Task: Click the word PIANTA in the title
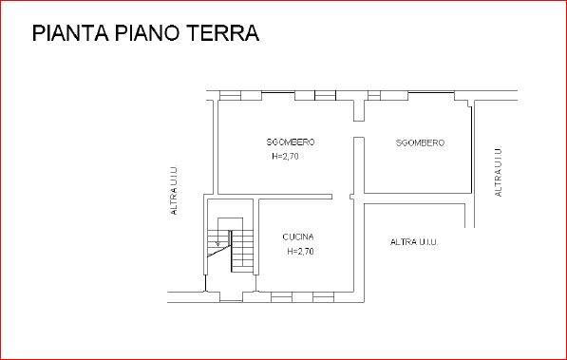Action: click(70, 33)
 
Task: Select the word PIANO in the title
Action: click(147, 33)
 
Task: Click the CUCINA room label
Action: click(298, 237)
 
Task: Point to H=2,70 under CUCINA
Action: click(300, 251)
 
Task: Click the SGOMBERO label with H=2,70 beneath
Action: click(291, 142)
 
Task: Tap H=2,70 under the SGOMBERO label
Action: click(285, 157)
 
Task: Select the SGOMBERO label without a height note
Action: click(420, 142)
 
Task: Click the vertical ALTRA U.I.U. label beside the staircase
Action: click(174, 191)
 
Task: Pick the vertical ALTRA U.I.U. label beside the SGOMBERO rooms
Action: click(498, 172)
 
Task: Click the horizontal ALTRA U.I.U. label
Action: click(414, 242)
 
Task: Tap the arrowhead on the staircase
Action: click(217, 243)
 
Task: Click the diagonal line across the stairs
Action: click(219, 251)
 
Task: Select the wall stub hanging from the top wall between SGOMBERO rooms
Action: click(359, 110)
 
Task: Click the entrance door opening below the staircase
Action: click(231, 296)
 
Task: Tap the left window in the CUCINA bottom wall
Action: click(282, 297)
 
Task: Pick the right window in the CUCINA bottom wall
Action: click(323, 297)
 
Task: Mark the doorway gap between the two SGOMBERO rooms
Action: click(359, 129)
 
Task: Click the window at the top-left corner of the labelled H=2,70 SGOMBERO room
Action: click(231, 96)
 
